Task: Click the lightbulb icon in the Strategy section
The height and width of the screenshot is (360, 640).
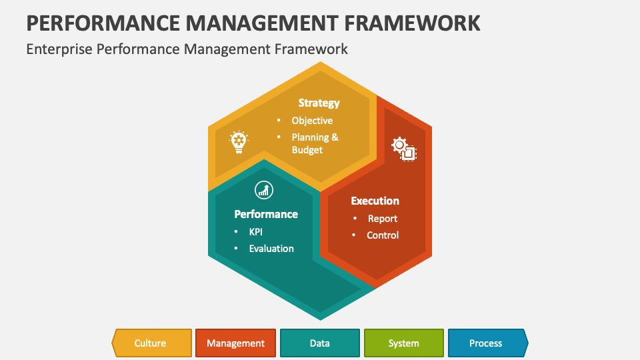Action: click(239, 142)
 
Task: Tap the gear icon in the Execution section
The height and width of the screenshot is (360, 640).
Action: click(404, 149)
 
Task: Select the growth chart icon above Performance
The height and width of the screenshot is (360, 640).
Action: click(264, 190)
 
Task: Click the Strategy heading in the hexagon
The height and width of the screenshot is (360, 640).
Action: click(319, 103)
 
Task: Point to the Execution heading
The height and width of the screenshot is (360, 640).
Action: click(375, 201)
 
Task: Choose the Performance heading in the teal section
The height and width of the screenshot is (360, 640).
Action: click(266, 214)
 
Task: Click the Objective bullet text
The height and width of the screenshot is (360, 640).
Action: click(312, 121)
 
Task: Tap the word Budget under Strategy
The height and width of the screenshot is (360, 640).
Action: click(307, 150)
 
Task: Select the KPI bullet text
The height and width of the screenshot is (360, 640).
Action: click(256, 232)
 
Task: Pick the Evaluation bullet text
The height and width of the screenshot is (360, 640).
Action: click(271, 249)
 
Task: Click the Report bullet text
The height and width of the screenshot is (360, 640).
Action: click(383, 219)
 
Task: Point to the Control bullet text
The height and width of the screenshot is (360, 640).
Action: click(383, 235)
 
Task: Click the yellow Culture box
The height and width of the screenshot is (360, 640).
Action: click(152, 343)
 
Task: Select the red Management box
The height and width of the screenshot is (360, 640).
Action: click(235, 343)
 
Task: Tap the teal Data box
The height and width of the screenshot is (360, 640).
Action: click(320, 343)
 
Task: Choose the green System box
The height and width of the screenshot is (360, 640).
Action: click(404, 343)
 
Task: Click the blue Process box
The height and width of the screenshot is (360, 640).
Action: click(488, 343)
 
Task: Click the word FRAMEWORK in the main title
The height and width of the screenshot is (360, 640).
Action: click(412, 23)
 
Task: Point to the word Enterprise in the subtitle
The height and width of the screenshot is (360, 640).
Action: click(59, 49)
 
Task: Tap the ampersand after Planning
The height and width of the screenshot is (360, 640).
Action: click(335, 137)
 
